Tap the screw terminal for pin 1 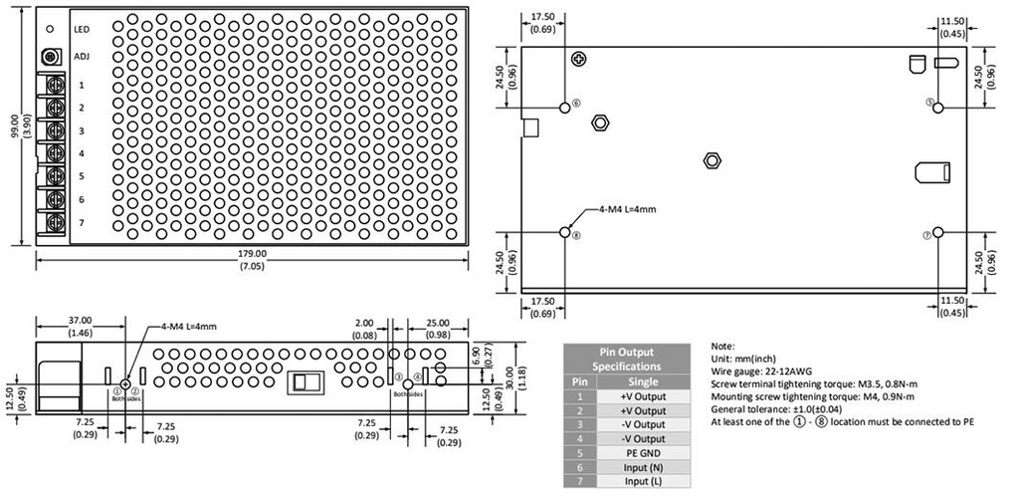coord(49,86)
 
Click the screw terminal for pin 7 coord(49,222)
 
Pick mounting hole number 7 coord(937,233)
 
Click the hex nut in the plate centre coord(712,160)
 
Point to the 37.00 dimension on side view coord(81,321)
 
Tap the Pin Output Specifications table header coord(630,359)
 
